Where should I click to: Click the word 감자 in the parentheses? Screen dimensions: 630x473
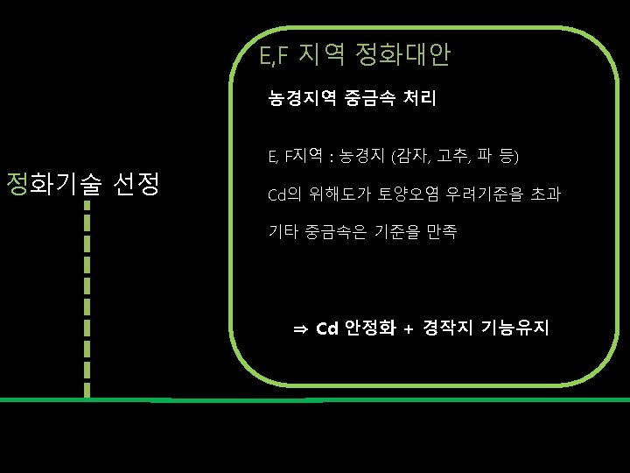411,157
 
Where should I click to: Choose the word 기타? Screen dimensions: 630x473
281,232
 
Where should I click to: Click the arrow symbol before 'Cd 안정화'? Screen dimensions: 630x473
300,329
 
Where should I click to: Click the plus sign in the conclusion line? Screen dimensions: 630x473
409,329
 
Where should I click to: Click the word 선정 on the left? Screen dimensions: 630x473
136,184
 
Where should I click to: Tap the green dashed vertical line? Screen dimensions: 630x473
87,298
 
